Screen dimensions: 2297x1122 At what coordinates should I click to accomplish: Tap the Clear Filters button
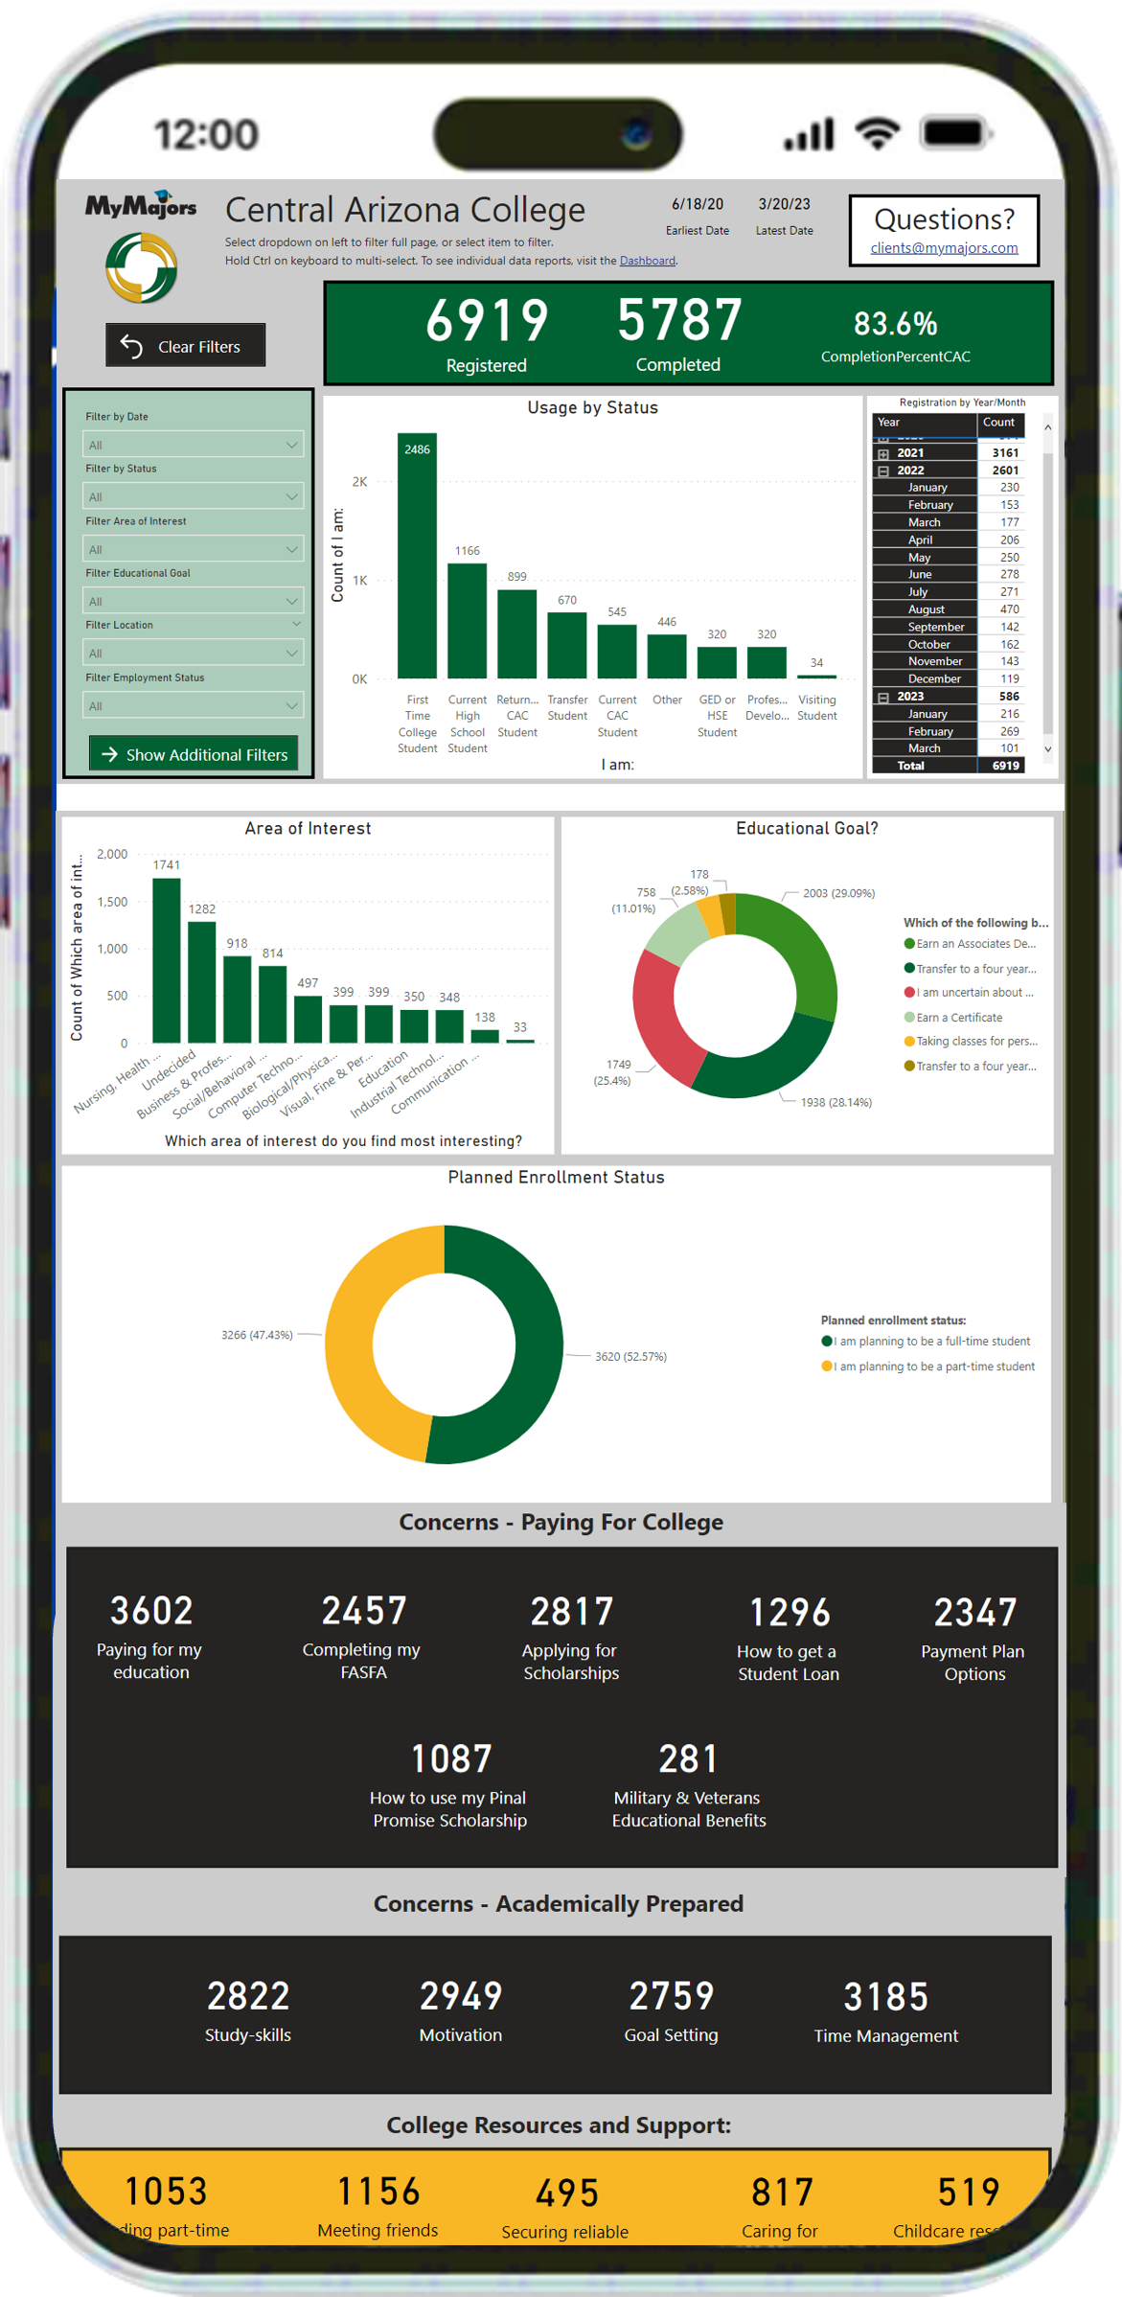[x=185, y=346]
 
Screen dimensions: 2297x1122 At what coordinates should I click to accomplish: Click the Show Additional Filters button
[x=194, y=754]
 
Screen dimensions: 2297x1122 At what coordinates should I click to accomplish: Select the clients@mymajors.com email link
[x=944, y=248]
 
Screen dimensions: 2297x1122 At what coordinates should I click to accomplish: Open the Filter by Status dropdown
[x=193, y=496]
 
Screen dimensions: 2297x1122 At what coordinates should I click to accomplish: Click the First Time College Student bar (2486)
[x=417, y=556]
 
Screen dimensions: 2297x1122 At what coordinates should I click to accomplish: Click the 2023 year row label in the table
[x=910, y=697]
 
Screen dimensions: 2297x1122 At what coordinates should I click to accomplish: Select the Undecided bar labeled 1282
[x=201, y=981]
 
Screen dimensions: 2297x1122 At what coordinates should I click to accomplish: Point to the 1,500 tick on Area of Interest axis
[x=112, y=902]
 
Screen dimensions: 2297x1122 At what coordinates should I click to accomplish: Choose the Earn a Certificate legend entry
[x=958, y=1018]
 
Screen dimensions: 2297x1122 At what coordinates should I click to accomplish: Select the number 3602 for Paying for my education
[x=151, y=1611]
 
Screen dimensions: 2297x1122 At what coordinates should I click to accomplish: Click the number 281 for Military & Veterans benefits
[x=688, y=1759]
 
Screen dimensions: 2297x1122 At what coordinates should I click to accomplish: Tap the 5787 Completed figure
[x=678, y=320]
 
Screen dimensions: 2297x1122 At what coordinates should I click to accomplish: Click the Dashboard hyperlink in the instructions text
[x=647, y=261]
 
